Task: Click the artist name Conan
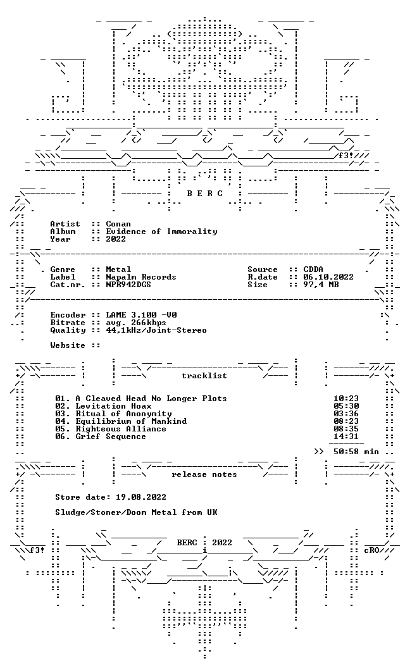pyautogui.click(x=118, y=224)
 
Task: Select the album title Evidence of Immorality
pyautogui.click(x=161, y=232)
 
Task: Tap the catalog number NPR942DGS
pyautogui.click(x=128, y=285)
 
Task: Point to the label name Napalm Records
pyautogui.click(x=141, y=277)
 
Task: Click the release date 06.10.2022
pyautogui.click(x=328, y=277)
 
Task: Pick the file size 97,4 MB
pyautogui.click(x=321, y=285)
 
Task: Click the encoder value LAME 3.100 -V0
pyautogui.click(x=142, y=315)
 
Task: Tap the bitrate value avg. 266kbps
pyautogui.click(x=136, y=323)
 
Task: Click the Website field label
pyautogui.click(x=67, y=345)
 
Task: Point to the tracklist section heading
pyautogui.click(x=204, y=376)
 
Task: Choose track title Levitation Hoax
pyautogui.click(x=113, y=406)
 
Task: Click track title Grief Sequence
pyautogui.click(x=111, y=436)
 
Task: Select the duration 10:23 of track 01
pyautogui.click(x=346, y=399)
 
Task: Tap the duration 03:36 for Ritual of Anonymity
pyautogui.click(x=346, y=414)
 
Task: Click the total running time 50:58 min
pyautogui.click(x=356, y=452)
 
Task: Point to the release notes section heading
pyautogui.click(x=204, y=474)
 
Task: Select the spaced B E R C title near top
pyautogui.click(x=204, y=194)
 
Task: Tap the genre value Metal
pyautogui.click(x=118, y=269)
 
